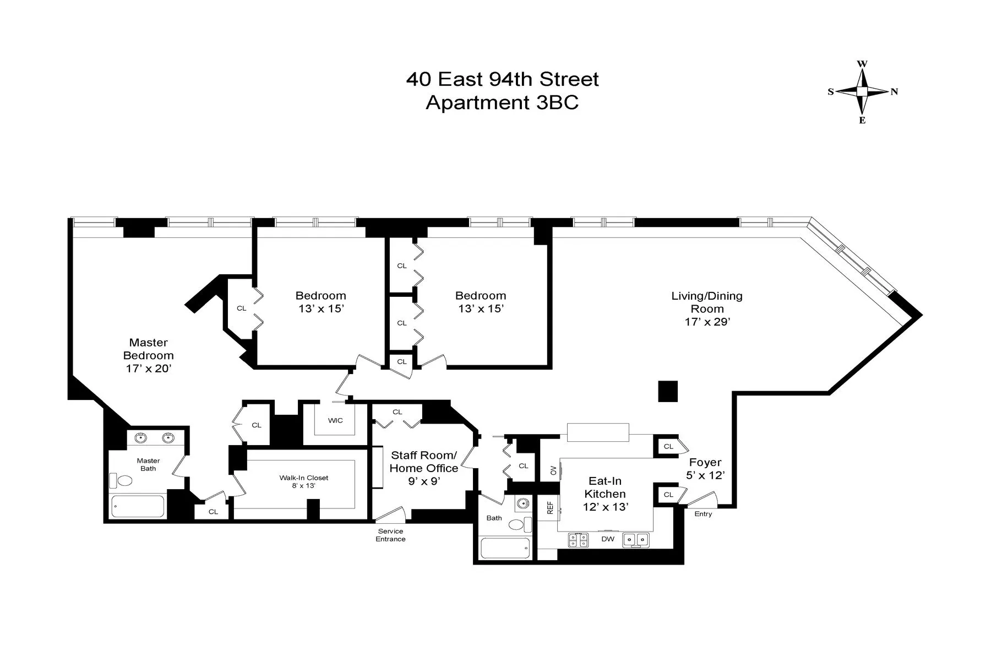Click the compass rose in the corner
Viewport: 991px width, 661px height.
pyautogui.click(x=862, y=92)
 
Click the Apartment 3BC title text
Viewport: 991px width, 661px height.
pyautogui.click(x=502, y=103)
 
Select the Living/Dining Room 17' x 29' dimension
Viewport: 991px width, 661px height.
pyautogui.click(x=707, y=322)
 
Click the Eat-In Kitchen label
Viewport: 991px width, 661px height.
pyautogui.click(x=605, y=487)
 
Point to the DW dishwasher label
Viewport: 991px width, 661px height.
pyautogui.click(x=608, y=539)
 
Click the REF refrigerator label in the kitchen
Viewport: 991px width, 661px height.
pyautogui.click(x=549, y=507)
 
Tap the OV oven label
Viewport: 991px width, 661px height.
pyautogui.click(x=553, y=470)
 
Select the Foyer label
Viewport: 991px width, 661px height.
pyautogui.click(x=705, y=463)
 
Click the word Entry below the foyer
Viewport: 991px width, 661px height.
pyautogui.click(x=703, y=514)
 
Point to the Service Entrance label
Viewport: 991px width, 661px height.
pyautogui.click(x=390, y=535)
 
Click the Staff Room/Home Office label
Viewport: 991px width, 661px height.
pyautogui.click(x=424, y=462)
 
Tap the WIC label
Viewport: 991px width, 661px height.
pyautogui.click(x=335, y=420)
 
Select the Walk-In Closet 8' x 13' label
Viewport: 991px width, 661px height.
pyautogui.click(x=304, y=481)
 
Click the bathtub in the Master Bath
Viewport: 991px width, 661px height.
pyautogui.click(x=138, y=506)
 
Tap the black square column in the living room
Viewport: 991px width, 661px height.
pyautogui.click(x=668, y=391)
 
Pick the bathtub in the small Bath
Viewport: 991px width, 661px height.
pyautogui.click(x=505, y=548)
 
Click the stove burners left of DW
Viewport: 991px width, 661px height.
pyautogui.click(x=579, y=540)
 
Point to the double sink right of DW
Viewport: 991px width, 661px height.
pyautogui.click(x=636, y=540)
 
